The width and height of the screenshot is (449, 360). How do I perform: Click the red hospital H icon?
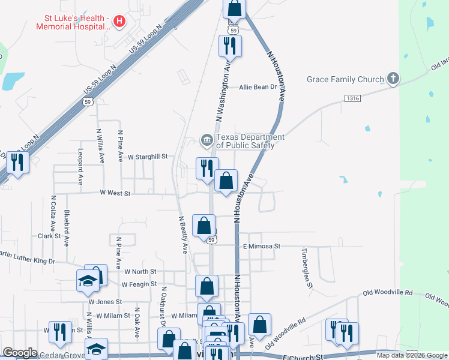(x=119, y=22)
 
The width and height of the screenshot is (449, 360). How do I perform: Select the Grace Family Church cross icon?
(x=393, y=79)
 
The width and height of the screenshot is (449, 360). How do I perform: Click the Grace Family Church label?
(x=345, y=79)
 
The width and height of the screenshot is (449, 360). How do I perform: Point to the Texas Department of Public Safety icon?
(x=207, y=141)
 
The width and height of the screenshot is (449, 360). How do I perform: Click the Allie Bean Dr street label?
(x=258, y=87)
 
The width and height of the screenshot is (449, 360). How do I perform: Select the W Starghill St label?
(x=150, y=156)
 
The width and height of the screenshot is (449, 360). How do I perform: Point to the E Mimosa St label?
(x=262, y=246)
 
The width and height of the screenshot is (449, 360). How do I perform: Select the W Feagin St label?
(x=139, y=284)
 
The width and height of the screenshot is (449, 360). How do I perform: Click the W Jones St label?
(x=105, y=301)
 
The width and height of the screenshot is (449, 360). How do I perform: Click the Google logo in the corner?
(x=20, y=353)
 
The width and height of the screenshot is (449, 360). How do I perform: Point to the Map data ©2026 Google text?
(x=412, y=355)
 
